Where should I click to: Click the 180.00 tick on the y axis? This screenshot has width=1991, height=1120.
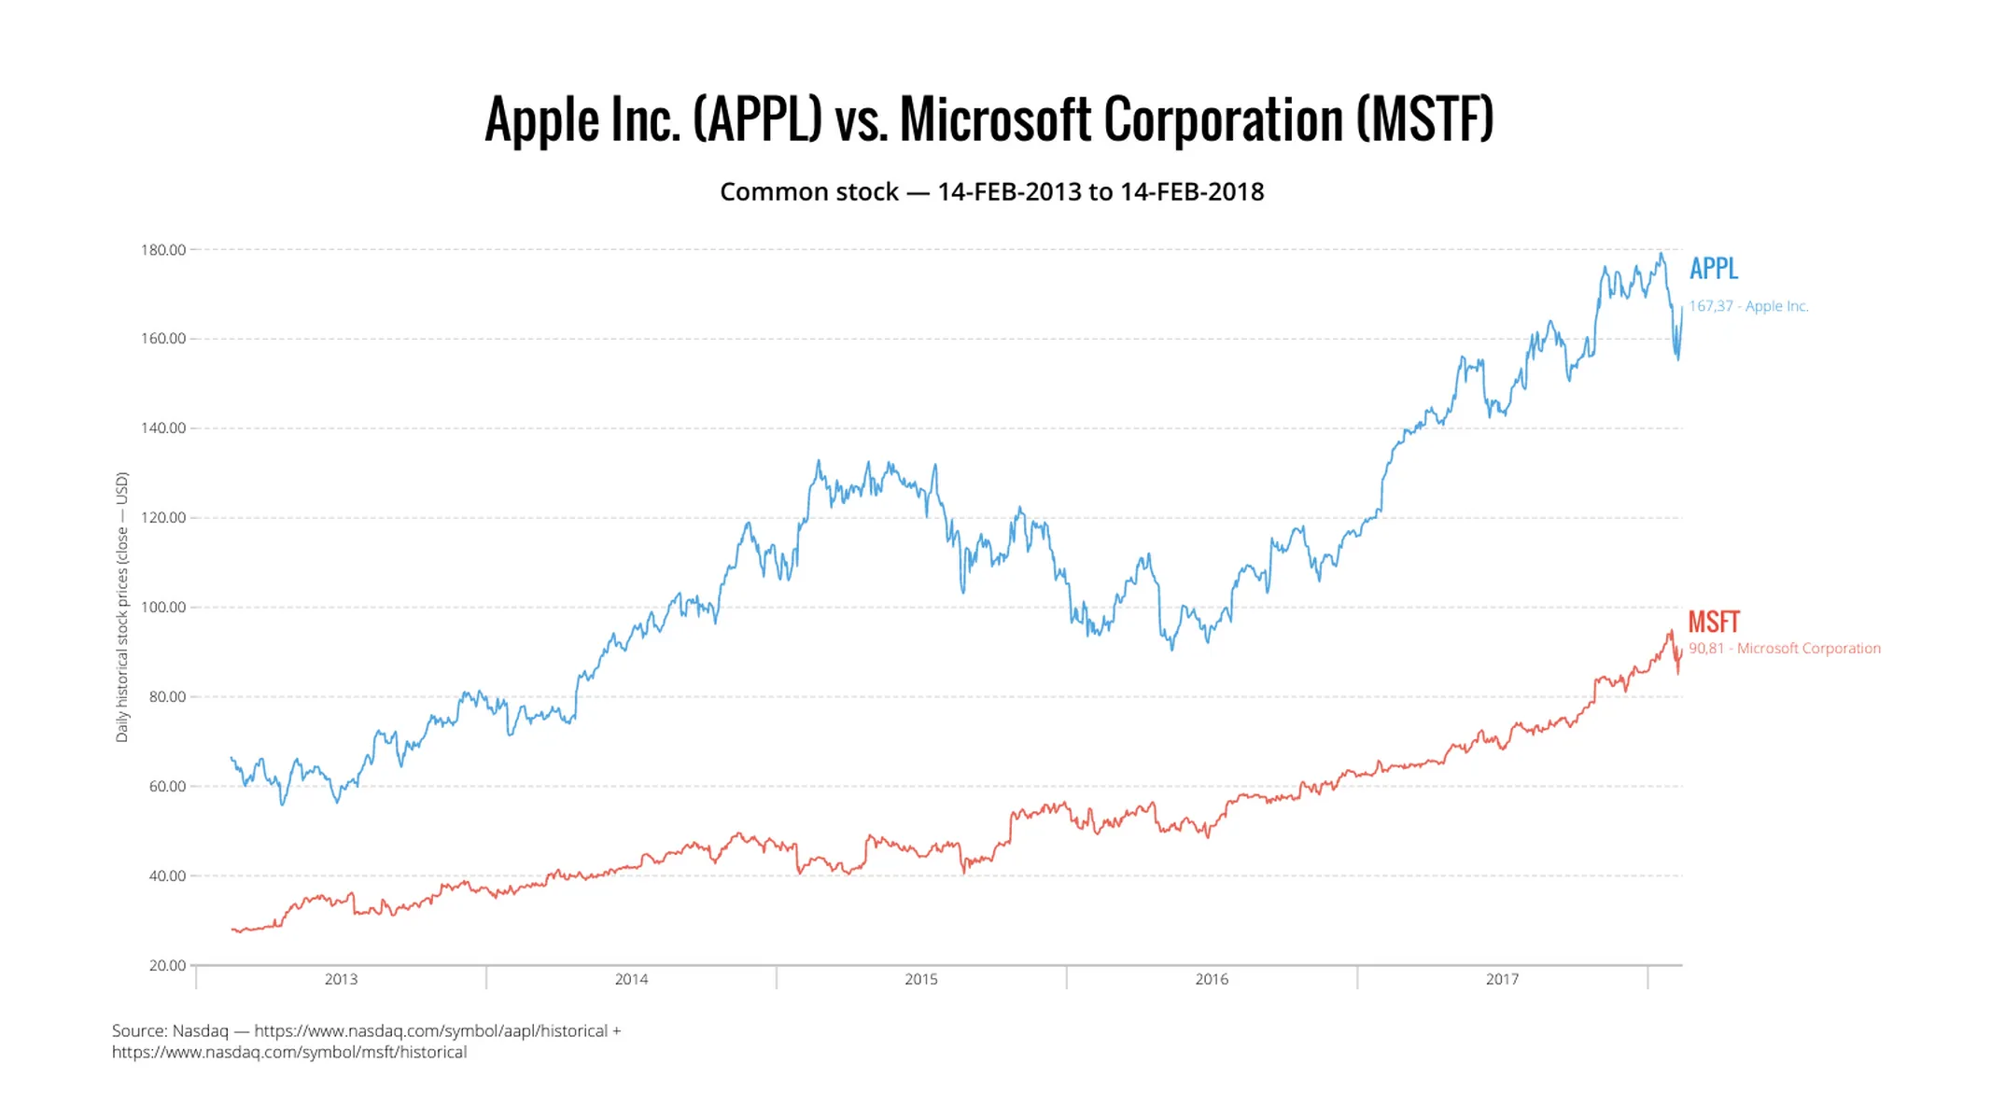[x=163, y=250]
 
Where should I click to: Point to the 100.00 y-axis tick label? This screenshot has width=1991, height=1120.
[x=163, y=608]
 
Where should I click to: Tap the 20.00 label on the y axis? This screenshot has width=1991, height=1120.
[x=167, y=965]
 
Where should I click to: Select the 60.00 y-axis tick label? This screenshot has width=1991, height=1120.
[x=167, y=786]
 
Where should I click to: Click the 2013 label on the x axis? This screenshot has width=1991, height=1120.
[x=341, y=979]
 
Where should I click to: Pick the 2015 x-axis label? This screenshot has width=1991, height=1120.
[x=921, y=979]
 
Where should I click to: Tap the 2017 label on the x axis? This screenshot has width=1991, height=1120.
[x=1502, y=979]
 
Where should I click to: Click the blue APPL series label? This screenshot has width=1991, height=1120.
[x=1713, y=269]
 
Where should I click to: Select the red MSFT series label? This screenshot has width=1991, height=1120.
[x=1713, y=622]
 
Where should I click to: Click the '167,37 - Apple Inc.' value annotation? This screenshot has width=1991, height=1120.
[x=1747, y=306]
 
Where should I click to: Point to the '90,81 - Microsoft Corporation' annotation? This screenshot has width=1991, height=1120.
[x=1784, y=649]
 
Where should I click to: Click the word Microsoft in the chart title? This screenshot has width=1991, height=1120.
[x=995, y=119]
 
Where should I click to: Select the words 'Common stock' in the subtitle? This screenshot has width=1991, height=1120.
[x=808, y=192]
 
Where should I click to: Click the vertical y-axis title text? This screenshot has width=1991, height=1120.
[x=121, y=608]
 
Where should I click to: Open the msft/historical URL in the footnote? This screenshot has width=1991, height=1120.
[x=289, y=1053]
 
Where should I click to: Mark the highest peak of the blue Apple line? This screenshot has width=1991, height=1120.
[x=1661, y=254]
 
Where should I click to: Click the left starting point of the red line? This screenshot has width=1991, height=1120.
[x=232, y=929]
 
